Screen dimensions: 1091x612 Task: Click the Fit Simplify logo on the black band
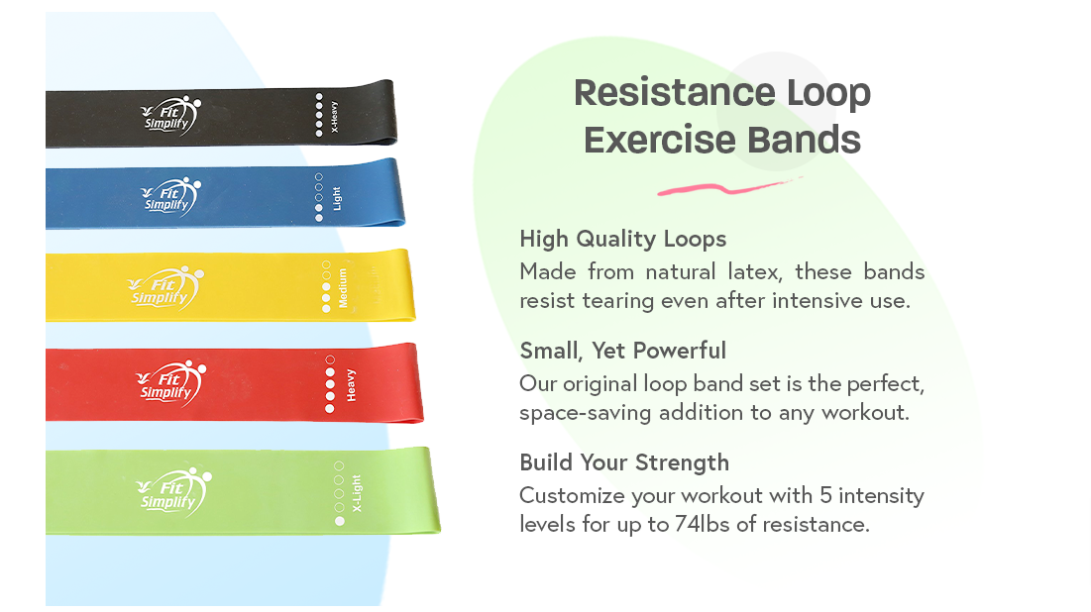coord(171,116)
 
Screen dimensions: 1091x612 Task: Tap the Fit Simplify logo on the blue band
coord(171,197)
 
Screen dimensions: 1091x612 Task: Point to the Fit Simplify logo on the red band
coord(171,383)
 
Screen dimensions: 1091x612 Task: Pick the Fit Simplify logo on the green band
coord(174,492)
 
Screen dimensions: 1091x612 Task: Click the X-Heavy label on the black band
coord(334,116)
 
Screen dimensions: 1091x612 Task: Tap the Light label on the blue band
coord(337,198)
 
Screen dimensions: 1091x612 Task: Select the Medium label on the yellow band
coord(342,288)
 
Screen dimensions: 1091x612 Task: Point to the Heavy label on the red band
coord(352,385)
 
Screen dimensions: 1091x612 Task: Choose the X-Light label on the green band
coord(357,494)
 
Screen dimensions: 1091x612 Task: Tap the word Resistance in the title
coord(674,93)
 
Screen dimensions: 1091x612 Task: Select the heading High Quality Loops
coord(622,240)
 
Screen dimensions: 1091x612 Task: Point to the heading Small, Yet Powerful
coord(622,351)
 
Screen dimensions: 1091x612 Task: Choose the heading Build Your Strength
coord(624,462)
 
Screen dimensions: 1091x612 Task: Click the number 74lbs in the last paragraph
coord(702,525)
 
